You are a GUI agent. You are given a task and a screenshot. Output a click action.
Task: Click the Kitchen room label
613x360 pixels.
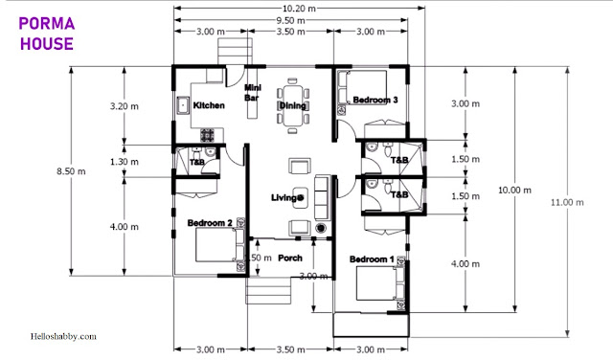209,105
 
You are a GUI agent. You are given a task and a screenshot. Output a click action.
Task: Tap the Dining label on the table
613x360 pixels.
292,105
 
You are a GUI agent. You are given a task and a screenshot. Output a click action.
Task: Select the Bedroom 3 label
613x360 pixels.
375,100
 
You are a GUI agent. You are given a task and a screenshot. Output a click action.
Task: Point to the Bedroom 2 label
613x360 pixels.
210,223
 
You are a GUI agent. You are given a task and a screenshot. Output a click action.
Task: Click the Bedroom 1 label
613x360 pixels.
372,259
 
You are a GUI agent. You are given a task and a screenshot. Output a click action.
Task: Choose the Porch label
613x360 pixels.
290,258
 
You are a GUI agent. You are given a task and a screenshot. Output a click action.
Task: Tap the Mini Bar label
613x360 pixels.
252,93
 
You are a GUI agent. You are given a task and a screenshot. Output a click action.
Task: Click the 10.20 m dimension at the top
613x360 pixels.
299,9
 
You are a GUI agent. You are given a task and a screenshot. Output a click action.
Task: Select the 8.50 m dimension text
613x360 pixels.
71,171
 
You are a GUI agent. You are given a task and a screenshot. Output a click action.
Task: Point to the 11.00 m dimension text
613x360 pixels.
567,202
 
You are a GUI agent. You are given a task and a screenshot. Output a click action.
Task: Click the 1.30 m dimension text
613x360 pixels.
125,162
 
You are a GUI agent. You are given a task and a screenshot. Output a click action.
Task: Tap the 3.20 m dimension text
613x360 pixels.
125,106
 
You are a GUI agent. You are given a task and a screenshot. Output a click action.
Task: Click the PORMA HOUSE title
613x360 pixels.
47,34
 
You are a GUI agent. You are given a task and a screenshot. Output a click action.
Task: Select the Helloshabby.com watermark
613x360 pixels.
63,336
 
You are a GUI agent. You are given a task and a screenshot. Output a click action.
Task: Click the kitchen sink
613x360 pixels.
183,105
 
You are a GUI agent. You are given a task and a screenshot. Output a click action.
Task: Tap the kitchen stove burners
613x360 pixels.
207,135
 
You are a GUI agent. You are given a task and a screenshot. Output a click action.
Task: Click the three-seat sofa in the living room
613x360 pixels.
323,196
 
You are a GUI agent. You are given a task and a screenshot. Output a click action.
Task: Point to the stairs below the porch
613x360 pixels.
268,290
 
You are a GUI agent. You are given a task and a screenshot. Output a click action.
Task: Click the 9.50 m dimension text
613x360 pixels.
290,20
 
